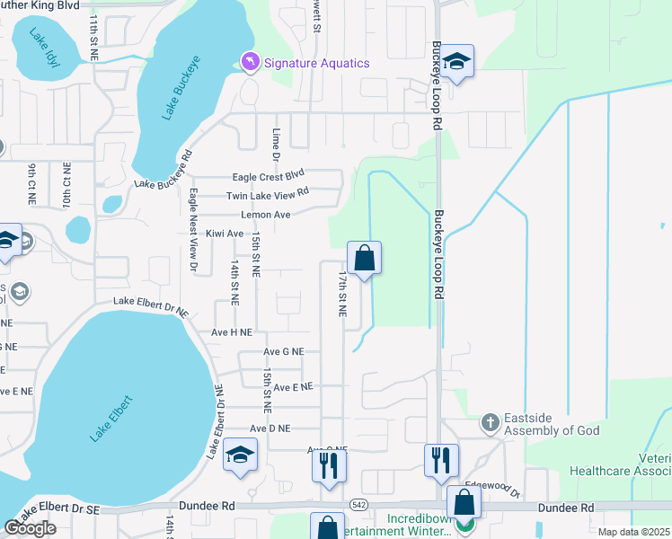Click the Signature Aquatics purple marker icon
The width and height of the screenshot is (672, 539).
[x=249, y=62]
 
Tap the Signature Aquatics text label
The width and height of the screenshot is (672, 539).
[x=315, y=63]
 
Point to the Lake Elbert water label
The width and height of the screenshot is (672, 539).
[x=111, y=418]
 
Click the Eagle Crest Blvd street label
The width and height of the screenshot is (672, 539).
[x=269, y=176]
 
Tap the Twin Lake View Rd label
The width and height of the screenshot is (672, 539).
[x=268, y=193]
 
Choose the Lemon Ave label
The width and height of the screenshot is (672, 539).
[x=265, y=215]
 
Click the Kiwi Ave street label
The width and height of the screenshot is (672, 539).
[x=225, y=234]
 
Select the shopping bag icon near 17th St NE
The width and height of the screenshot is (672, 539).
[x=365, y=259]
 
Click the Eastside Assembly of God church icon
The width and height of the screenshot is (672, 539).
[x=490, y=421]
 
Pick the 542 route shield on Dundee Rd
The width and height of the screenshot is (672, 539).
[x=358, y=506]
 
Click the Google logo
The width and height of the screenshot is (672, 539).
[x=30, y=528]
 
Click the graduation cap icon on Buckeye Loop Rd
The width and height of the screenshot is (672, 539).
[x=456, y=62]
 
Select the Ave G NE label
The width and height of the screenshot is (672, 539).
[x=284, y=352]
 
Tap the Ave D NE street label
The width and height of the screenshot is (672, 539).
[x=270, y=429]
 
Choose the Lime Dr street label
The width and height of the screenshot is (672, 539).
[x=277, y=144]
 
